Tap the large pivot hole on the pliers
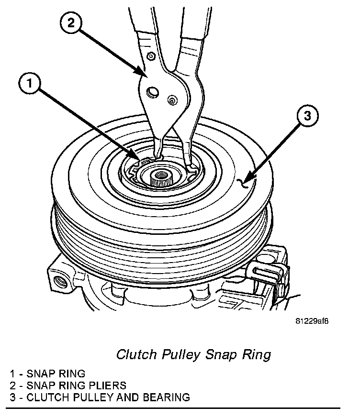pos(153,91)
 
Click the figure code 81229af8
pos(312,320)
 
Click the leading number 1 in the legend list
pos(11,373)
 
